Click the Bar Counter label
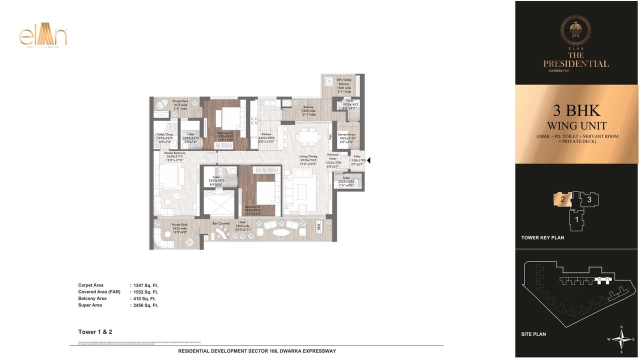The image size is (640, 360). point(221,223)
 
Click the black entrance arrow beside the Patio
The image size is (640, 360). point(369,160)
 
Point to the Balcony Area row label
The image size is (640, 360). point(92,298)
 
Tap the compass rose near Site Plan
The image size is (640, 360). point(621,340)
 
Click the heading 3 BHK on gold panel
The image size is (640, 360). point(576,110)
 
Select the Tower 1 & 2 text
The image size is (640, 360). point(94,332)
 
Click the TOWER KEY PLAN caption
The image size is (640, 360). point(542,237)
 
